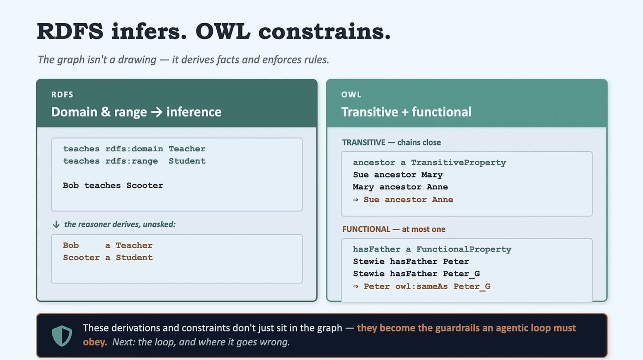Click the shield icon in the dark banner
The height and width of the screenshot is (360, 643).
[62, 336]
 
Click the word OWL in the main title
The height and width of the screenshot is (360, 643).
[223, 31]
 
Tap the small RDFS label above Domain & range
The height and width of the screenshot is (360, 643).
[62, 94]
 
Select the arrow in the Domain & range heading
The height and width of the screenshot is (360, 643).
[157, 112]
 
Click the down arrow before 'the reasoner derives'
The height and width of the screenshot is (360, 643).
[56, 224]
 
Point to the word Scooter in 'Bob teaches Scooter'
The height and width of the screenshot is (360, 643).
[145, 186]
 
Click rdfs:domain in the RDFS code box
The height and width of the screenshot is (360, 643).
[134, 149]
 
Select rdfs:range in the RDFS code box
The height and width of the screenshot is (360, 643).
[131, 161]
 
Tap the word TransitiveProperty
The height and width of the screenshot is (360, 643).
[459, 163]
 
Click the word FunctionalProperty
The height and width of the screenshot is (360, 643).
[464, 249]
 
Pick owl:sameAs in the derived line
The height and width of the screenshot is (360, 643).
[421, 286]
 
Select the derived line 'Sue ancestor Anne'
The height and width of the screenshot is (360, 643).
[403, 200]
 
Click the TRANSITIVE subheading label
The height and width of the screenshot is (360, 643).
[364, 142]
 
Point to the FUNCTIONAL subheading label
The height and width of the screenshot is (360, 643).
[366, 229]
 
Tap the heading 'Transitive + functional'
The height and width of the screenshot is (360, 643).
[406, 112]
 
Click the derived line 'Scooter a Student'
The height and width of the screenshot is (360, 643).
[108, 258]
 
